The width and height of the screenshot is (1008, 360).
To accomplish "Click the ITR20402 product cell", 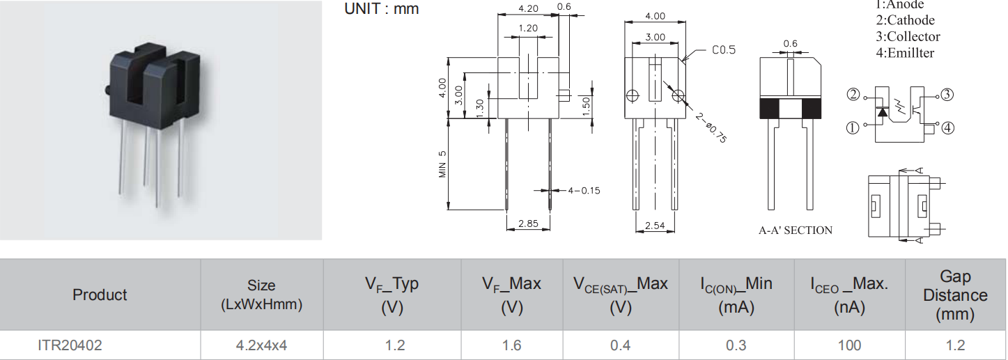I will point(70,345).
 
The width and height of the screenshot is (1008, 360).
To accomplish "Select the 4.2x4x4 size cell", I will point(261,345).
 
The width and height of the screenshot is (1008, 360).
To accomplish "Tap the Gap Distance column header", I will point(955,295).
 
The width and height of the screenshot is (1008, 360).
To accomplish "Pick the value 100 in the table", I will point(849,345).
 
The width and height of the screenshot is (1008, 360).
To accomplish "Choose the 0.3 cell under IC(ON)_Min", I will point(736,345).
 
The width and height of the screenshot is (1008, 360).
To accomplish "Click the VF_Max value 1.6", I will point(511,345).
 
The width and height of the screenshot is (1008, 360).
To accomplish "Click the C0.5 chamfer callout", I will point(724,50).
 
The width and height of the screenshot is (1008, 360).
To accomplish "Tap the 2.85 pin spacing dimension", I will point(528,224).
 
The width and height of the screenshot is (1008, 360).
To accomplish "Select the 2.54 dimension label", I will point(654,226).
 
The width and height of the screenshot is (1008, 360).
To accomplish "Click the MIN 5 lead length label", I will point(442,164).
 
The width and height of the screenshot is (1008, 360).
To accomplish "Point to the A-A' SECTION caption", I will point(795,230).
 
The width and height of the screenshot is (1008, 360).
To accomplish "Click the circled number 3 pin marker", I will point(946,95).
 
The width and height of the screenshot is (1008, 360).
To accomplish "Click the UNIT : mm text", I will point(382,9).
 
